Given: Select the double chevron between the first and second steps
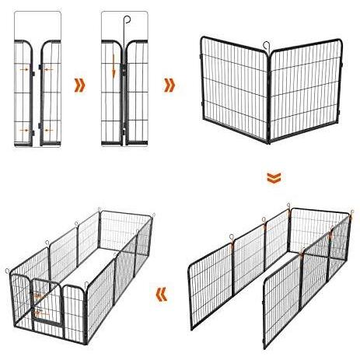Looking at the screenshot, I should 78,84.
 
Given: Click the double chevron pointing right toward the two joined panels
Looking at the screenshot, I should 169,84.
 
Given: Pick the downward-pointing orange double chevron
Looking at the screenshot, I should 272,179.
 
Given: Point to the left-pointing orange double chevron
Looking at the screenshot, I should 162,294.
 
